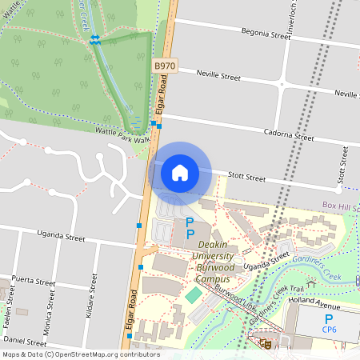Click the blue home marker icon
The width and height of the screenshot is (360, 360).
click(x=180, y=173)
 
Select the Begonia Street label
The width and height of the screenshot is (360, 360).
click(x=266, y=34)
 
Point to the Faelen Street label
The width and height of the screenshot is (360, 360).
click(x=11, y=299)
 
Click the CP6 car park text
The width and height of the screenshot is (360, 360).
click(x=328, y=329)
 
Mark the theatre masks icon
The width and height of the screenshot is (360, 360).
click(x=265, y=343)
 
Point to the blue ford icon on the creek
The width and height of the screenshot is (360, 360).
click(x=95, y=39)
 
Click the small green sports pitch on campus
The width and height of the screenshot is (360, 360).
click(x=193, y=295)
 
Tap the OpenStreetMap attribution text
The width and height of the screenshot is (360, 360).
click(x=80, y=354)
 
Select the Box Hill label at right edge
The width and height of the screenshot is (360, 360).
click(x=341, y=206)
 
